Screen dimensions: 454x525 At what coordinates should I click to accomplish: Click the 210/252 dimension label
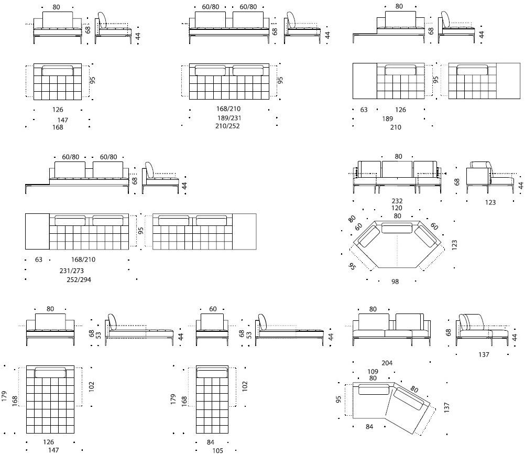(227, 126)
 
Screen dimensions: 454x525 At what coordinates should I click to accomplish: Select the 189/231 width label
(227, 118)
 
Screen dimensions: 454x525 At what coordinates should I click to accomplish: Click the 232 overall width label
(397, 201)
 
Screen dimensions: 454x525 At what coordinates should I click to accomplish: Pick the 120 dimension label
(397, 208)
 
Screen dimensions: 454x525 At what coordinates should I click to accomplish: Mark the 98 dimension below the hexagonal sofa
(395, 282)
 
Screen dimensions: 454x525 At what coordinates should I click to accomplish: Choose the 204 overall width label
(387, 363)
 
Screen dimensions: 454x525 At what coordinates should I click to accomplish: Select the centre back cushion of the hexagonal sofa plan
(397, 228)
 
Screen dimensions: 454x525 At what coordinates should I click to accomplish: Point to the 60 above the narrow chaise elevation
(213, 309)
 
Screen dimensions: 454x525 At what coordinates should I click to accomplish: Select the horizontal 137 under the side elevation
(484, 355)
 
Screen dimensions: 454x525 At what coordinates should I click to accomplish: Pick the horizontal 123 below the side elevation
(490, 202)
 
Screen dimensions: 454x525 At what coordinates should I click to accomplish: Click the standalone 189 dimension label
(387, 119)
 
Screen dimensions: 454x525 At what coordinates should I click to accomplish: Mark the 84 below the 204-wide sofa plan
(369, 426)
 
